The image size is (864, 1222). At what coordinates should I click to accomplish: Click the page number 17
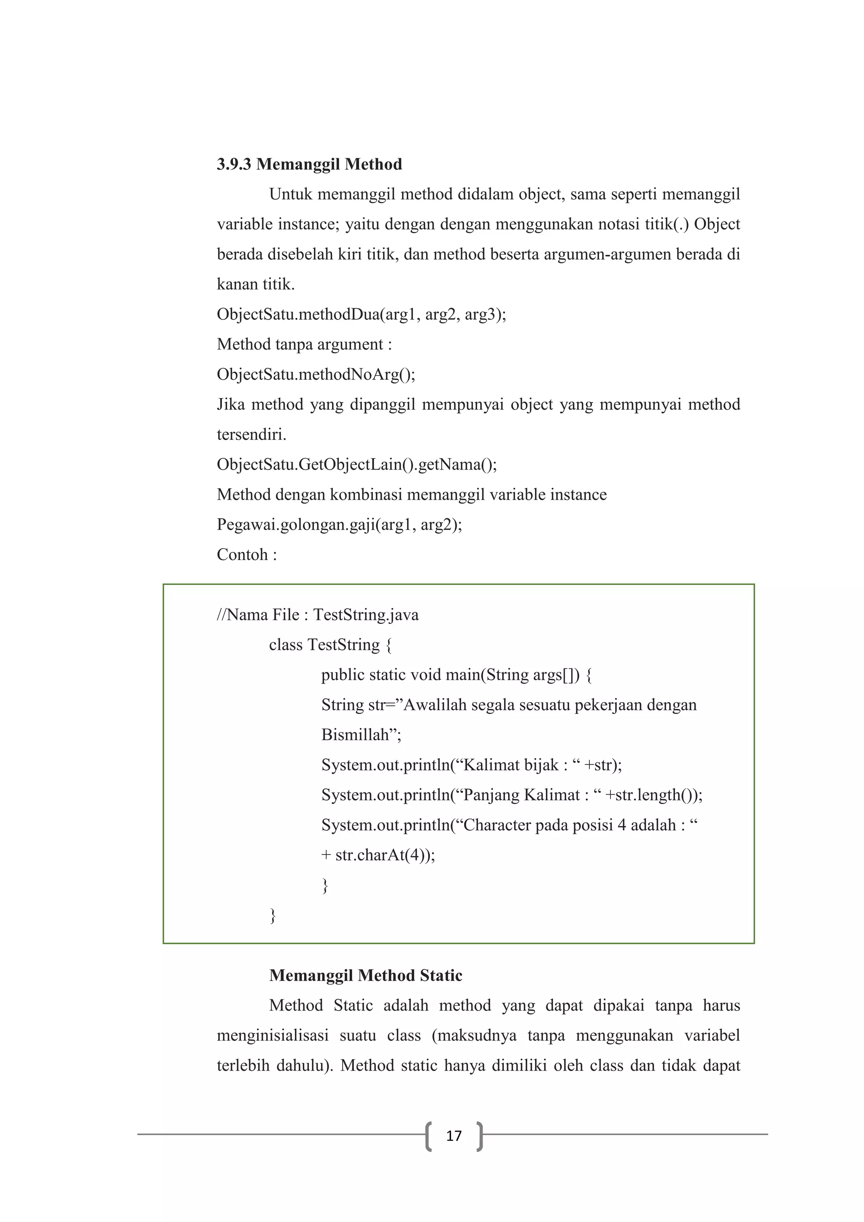coord(454,1136)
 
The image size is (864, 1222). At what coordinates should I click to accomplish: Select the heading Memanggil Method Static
coord(365,975)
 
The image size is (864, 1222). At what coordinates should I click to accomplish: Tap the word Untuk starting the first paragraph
coord(291,195)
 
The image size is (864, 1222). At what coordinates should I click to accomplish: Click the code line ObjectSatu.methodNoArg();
coord(316,375)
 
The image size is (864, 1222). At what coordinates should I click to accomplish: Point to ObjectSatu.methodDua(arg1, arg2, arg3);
coord(361,314)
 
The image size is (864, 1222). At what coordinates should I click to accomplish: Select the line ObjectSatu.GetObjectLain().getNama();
coord(356,465)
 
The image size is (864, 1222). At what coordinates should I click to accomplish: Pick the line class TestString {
coord(330,645)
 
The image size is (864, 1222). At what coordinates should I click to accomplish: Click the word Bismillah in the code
coord(355,735)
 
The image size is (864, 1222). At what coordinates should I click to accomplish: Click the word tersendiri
coord(251,435)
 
